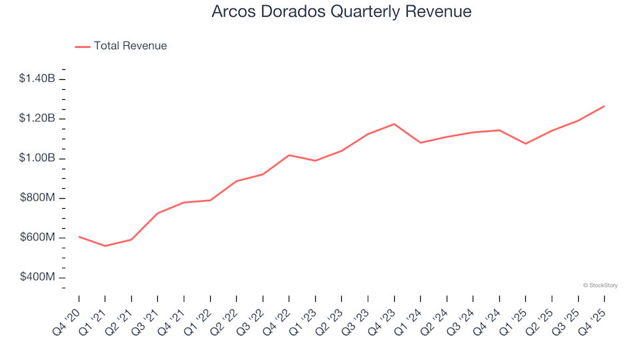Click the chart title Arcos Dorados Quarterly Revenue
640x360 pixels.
coord(341,11)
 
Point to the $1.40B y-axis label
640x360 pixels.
coord(37,79)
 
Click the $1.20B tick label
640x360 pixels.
coord(37,119)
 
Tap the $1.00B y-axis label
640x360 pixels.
coord(37,159)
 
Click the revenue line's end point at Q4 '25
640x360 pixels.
coord(604,106)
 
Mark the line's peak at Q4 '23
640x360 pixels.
coord(394,124)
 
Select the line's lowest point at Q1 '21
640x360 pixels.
coord(105,246)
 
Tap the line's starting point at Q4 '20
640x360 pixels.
coord(79,237)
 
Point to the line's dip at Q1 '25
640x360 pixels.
coord(525,143)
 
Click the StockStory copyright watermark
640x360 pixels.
coord(600,285)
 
